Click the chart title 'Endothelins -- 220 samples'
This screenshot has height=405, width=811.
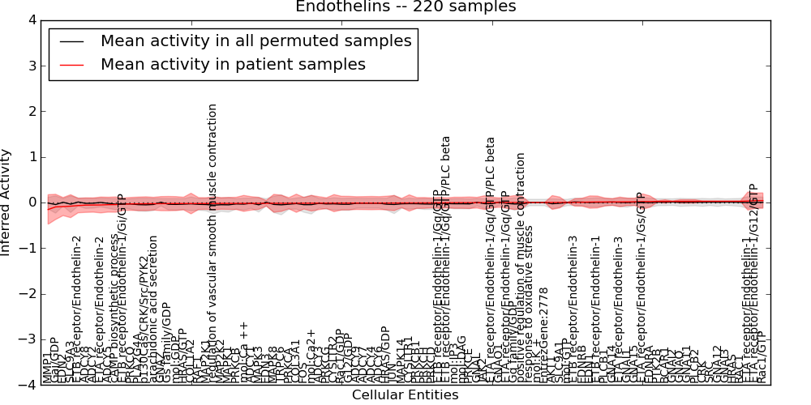(x=405, y=7)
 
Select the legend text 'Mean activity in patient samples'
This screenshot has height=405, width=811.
(x=233, y=65)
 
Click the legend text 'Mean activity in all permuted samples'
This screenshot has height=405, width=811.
(x=255, y=40)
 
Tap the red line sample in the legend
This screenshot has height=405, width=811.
(x=71, y=65)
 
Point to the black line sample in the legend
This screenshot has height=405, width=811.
(x=71, y=40)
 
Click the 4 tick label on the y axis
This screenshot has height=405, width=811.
(x=31, y=20)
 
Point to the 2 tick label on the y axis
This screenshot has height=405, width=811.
(x=31, y=111)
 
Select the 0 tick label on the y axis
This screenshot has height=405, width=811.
(x=31, y=202)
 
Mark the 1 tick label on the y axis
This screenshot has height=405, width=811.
(x=31, y=157)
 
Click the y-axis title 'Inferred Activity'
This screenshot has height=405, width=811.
(x=6, y=202)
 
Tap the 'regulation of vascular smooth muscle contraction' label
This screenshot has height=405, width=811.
(x=212, y=243)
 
